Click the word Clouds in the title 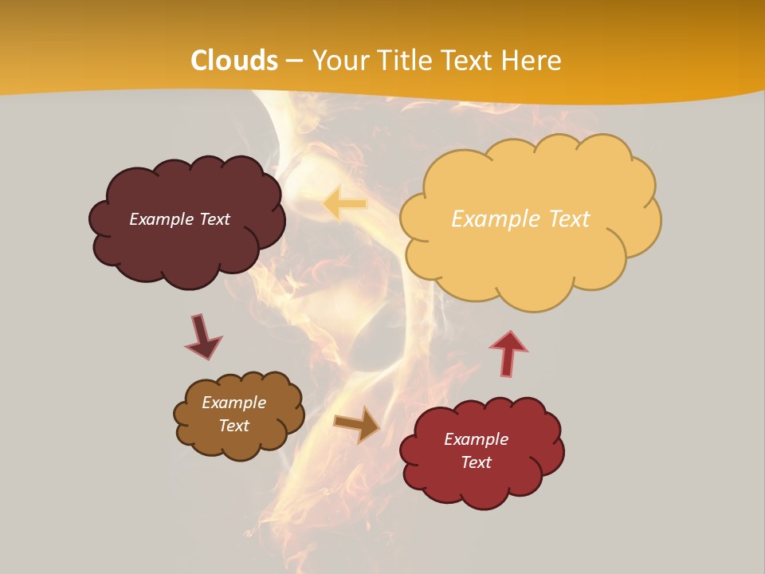tap(234, 61)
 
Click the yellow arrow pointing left tap(345, 204)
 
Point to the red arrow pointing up tap(508, 352)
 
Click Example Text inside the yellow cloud tap(520, 219)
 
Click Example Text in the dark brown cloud tap(179, 219)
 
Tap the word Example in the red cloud tap(476, 439)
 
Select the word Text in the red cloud tap(476, 462)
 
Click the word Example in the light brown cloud tap(233, 403)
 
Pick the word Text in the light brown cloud tap(233, 426)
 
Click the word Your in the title tap(336, 61)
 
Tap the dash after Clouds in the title tap(294, 61)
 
